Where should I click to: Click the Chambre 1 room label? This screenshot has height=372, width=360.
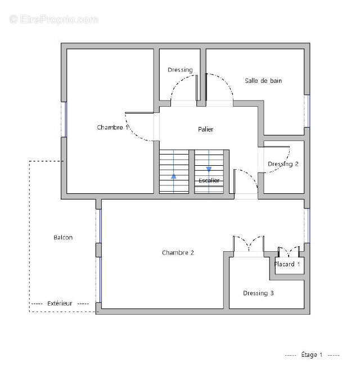112,128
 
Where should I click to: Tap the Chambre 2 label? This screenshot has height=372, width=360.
178,253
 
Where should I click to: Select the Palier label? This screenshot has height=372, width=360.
206,129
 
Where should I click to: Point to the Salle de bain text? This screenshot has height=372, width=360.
263,81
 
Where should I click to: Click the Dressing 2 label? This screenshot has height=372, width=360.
283,164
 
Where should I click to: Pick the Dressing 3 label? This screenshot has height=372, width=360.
258,293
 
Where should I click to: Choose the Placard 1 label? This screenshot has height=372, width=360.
287,264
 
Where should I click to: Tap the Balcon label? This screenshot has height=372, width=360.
63,238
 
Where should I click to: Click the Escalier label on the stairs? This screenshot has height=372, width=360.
209,180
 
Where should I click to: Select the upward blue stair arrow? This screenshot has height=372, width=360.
174,176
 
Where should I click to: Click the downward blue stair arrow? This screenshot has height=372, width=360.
209,169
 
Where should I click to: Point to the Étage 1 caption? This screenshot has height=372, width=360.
312,355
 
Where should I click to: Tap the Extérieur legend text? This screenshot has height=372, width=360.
60,303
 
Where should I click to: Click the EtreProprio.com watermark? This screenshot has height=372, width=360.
53,19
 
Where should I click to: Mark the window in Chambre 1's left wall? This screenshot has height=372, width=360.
64,119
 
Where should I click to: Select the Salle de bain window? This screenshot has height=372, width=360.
307,111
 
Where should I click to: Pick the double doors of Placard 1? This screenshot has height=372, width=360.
289,252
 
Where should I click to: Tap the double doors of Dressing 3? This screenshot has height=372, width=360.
249,244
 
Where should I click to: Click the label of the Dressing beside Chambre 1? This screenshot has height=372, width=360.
180,70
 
